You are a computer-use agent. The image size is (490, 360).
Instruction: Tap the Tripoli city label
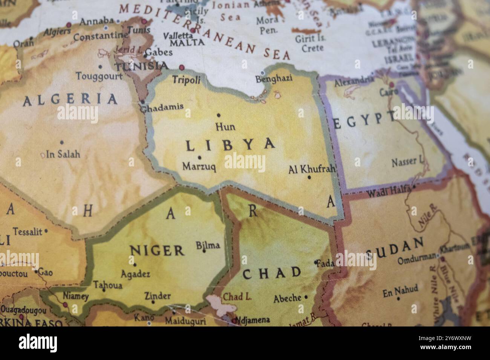coord(186,79)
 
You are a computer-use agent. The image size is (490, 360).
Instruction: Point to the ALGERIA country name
coord(70,100)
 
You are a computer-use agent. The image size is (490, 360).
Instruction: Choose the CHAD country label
coord(272,273)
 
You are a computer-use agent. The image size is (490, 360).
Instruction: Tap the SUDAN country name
coord(395,249)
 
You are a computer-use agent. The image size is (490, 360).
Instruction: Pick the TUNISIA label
coord(142,67)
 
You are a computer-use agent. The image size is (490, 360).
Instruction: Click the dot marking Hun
coord(219,115)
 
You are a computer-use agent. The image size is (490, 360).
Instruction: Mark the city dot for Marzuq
coord(199,158)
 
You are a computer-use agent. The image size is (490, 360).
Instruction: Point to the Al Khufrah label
coord(312,169)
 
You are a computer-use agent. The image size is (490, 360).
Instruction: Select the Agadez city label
coord(135,274)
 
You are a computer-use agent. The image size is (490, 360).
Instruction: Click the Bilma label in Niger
coord(208,246)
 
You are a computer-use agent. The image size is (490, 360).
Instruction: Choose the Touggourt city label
coord(99,76)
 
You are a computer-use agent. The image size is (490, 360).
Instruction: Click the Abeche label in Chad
coord(287,299)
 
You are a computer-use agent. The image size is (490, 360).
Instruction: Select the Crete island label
coord(313,48)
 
